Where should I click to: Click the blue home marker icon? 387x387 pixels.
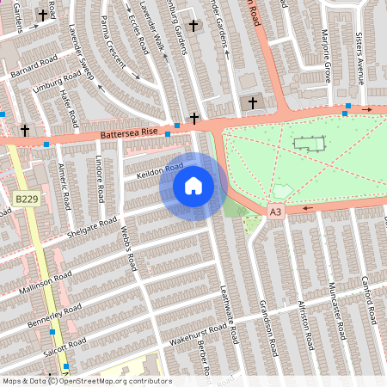click(x=193, y=186)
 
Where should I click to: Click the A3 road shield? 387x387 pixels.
click(x=274, y=212)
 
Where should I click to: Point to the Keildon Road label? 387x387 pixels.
click(x=161, y=172)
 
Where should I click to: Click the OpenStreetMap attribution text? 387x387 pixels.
click(x=86, y=381)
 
